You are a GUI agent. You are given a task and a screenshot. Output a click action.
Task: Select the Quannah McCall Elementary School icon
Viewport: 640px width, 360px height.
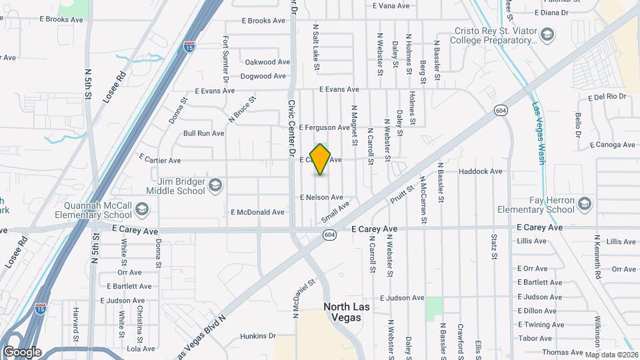[141, 210]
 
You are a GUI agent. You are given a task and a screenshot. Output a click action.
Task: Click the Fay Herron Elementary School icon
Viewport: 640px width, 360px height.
[585, 203]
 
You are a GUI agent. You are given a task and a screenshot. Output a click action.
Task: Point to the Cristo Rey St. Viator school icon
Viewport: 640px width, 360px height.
[547, 35]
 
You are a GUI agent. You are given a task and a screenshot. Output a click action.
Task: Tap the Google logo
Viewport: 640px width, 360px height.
[22, 352]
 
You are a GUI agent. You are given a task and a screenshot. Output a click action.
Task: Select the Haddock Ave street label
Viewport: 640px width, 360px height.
[480, 171]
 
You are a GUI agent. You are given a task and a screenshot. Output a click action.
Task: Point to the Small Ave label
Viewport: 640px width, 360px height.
[335, 213]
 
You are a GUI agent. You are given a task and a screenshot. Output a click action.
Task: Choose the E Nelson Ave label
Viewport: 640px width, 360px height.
[321, 197]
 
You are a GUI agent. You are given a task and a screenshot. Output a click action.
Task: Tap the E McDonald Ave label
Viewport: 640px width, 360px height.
[257, 212]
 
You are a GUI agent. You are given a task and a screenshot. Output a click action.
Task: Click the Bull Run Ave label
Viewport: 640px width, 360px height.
[203, 133]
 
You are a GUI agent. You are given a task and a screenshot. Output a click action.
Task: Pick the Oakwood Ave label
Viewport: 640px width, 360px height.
[267, 62]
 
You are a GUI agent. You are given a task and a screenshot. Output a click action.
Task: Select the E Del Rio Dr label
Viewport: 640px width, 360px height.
[607, 97]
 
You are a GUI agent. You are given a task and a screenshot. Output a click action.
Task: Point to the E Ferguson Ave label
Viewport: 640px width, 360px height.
[324, 127]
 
